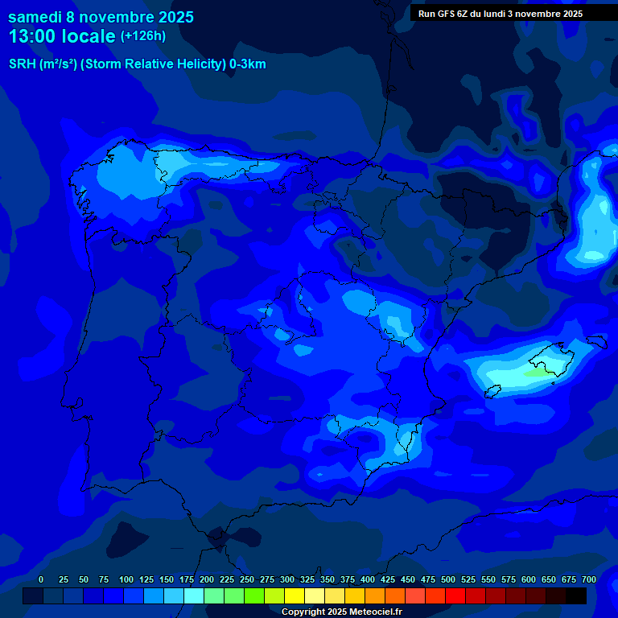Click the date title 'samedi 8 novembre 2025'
tap(101, 17)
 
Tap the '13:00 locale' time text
tap(62, 36)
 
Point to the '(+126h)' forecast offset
tap(142, 35)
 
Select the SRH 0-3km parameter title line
tap(137, 64)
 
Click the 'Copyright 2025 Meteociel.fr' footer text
tap(341, 612)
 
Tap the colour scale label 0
tap(41, 579)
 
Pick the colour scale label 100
tap(126, 579)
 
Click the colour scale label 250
tap(246, 579)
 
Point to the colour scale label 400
tap(367, 579)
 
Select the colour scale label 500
tap(447, 579)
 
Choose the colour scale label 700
tap(588, 579)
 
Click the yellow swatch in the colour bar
tap(295, 595)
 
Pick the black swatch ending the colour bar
tap(576, 595)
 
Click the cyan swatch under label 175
tap(194, 595)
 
